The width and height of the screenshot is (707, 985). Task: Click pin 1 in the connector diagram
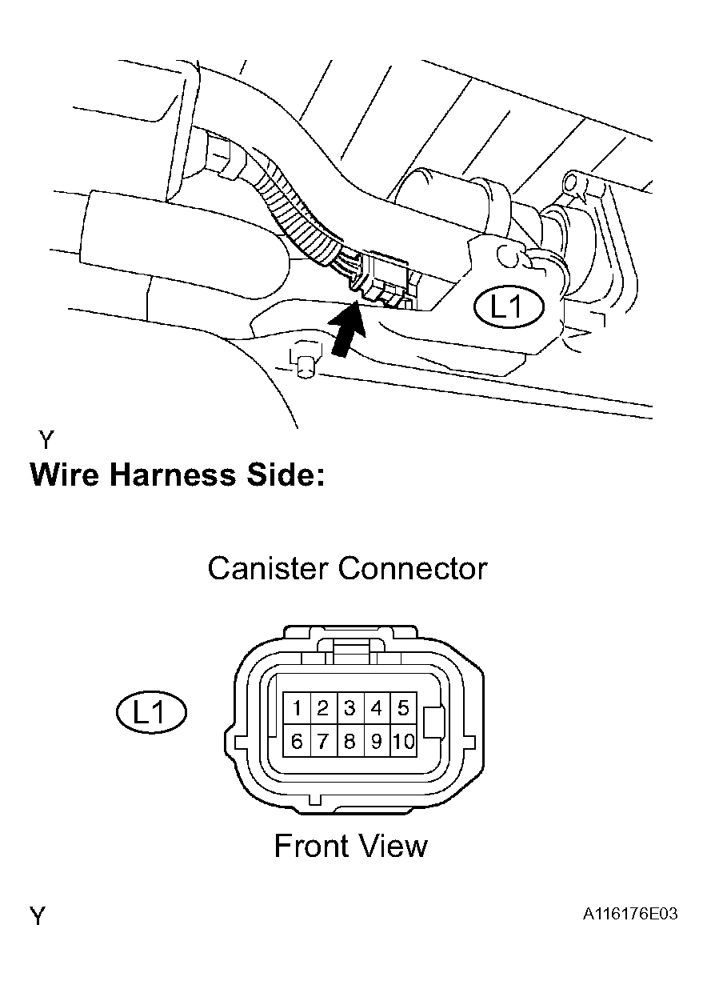(x=297, y=708)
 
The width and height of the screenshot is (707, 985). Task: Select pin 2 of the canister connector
(x=323, y=708)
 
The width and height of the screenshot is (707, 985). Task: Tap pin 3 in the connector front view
(x=350, y=708)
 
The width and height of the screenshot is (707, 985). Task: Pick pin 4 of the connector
(x=377, y=708)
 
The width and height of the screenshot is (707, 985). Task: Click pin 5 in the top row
(x=403, y=708)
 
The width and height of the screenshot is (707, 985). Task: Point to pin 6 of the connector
(x=297, y=742)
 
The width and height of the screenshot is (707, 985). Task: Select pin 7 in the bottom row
(x=323, y=742)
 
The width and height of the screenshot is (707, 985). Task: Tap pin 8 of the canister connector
(x=350, y=742)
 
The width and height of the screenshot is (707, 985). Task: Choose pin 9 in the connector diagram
(x=377, y=742)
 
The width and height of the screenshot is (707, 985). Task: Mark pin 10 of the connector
(x=404, y=742)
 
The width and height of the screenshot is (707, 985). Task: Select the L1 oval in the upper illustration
(x=508, y=307)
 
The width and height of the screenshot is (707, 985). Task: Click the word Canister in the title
(x=268, y=569)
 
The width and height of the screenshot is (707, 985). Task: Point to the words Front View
(x=350, y=846)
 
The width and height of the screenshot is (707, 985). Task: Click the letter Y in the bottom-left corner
(x=38, y=915)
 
